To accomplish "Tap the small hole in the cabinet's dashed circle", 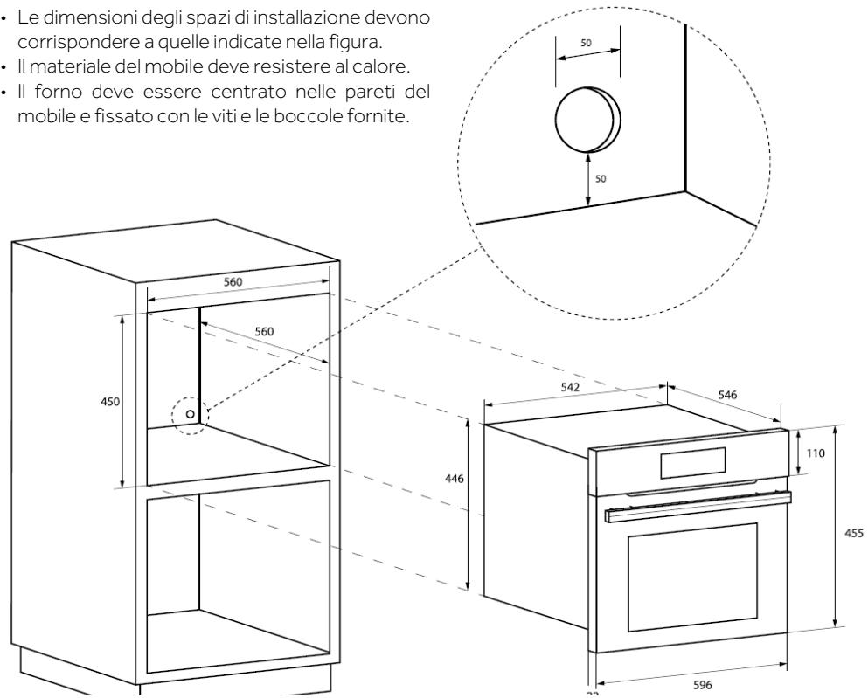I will click(190, 413).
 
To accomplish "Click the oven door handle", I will click(697, 507).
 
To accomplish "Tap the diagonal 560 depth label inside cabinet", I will click(264, 332).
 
